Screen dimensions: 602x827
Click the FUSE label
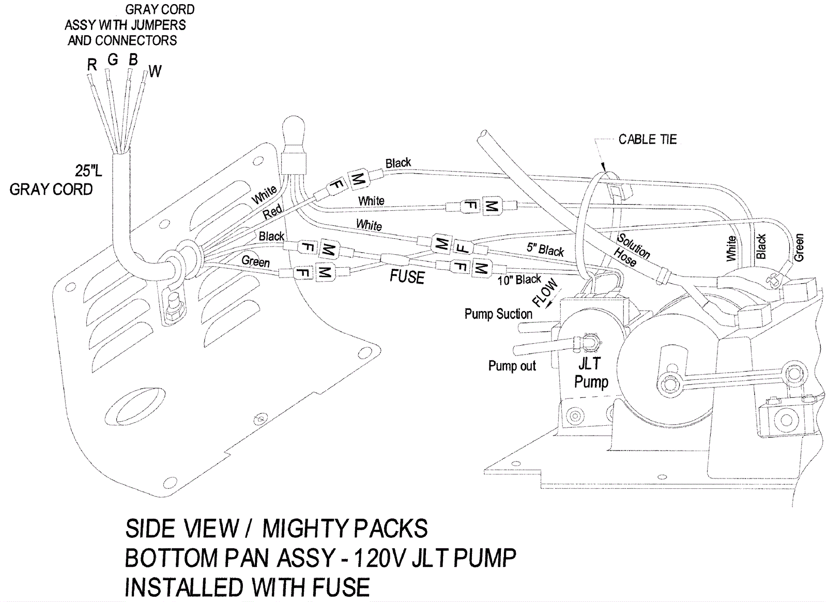[x=407, y=277]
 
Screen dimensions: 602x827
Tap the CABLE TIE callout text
[x=648, y=140]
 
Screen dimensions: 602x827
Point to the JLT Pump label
[x=591, y=373]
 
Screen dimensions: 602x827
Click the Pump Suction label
[x=498, y=314]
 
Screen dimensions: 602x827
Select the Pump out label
[x=512, y=366]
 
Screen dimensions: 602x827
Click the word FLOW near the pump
[x=545, y=293]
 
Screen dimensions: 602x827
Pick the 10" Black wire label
[x=519, y=280]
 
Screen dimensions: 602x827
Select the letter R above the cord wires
[x=92, y=65]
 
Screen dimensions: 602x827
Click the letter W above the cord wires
[x=155, y=71]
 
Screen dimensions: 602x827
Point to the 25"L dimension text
[x=88, y=171]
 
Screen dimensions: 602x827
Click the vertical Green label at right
[x=799, y=248]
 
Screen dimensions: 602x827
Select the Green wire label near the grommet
[x=255, y=261]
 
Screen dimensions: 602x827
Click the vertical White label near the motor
[x=731, y=249]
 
